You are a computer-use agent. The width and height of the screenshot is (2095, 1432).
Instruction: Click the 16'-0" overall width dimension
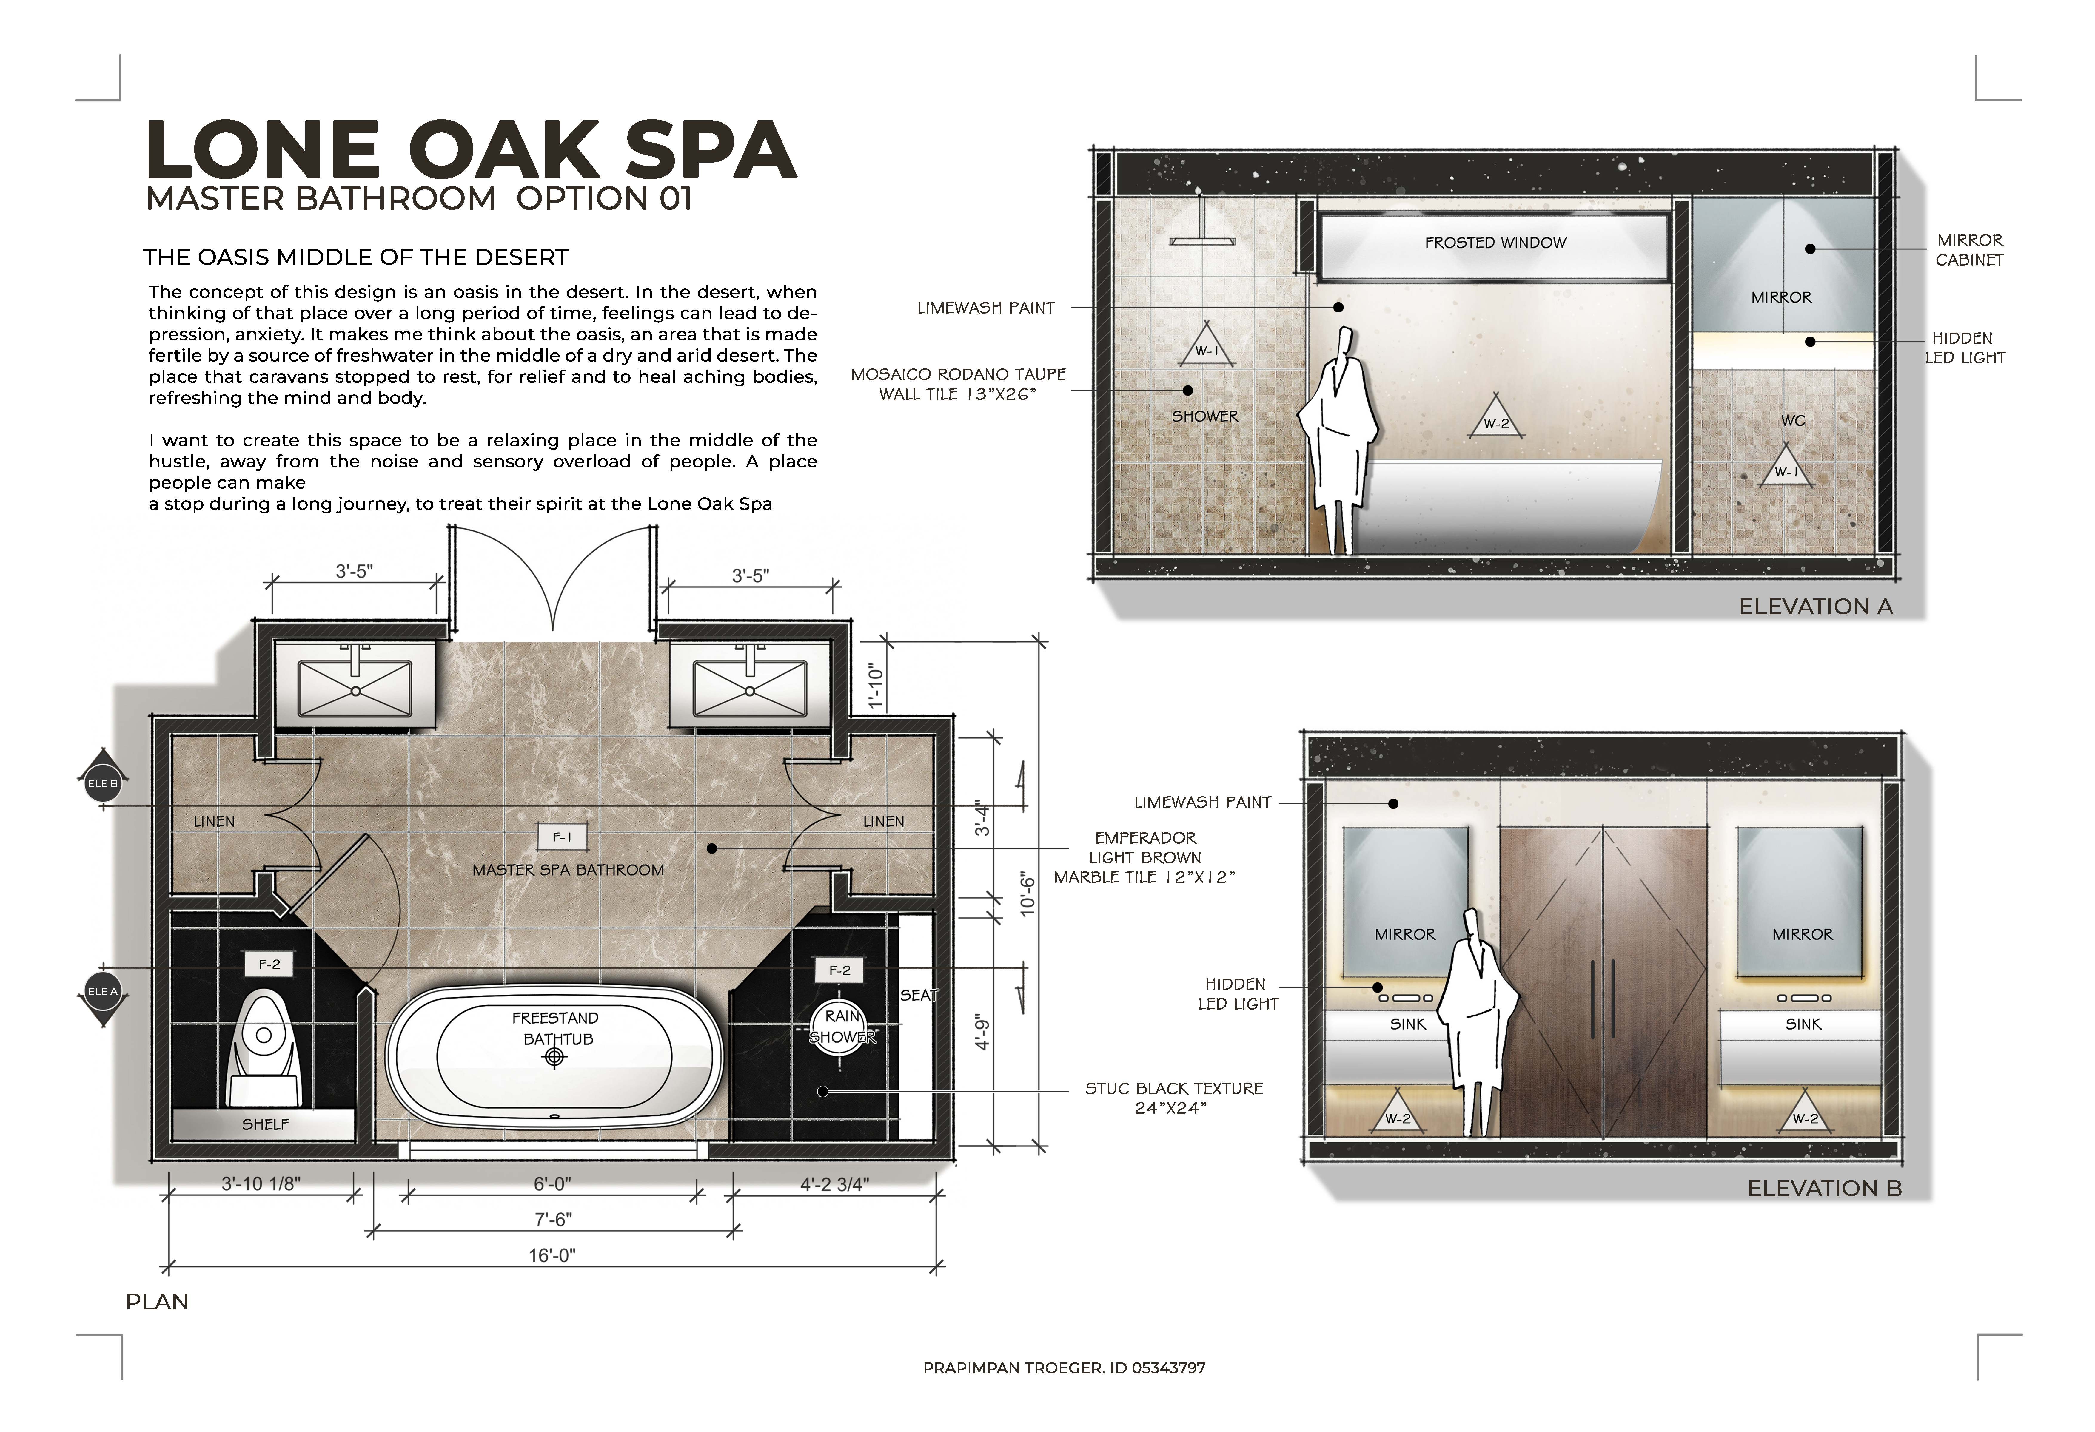point(552,1255)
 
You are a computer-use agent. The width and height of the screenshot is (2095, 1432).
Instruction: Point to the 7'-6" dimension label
point(553,1219)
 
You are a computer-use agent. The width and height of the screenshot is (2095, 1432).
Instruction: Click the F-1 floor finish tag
point(562,837)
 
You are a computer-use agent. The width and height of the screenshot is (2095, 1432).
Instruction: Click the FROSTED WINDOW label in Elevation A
point(1495,243)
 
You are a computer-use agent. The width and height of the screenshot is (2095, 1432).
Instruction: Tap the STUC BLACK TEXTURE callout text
point(1174,1098)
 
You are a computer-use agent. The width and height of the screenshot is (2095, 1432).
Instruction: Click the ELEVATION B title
point(1825,1188)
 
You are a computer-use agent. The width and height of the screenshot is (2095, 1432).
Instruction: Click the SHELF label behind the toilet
point(266,1124)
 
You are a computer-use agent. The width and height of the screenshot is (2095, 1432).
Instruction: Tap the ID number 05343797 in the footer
point(1168,1367)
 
